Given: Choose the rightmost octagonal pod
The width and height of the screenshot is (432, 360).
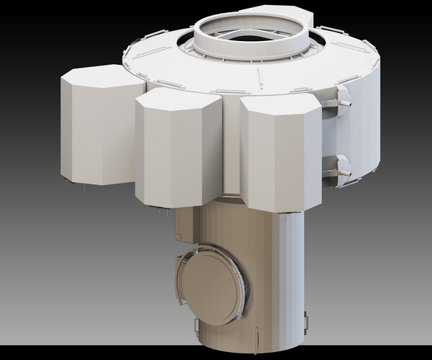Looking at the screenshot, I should [281, 158].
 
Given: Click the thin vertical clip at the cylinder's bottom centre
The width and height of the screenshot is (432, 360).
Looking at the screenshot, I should [258, 335].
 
